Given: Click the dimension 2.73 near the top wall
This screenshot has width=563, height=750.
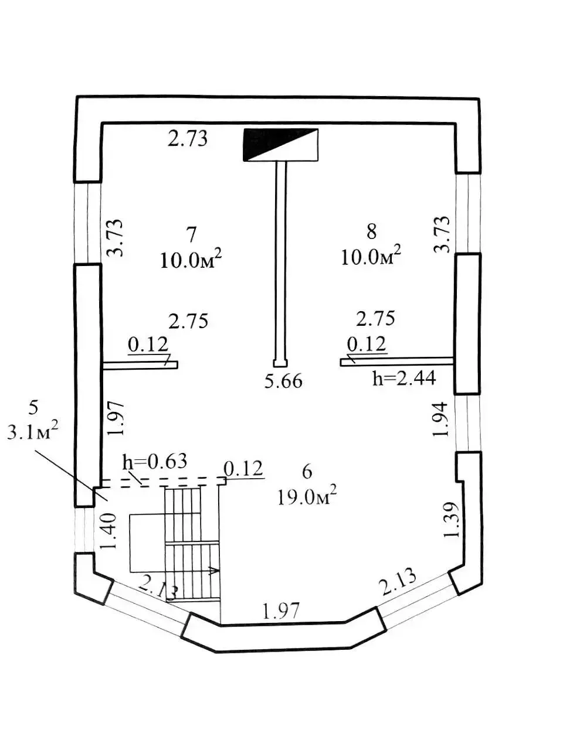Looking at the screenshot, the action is pos(188,139).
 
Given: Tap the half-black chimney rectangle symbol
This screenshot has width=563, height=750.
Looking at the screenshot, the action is pos(280,145).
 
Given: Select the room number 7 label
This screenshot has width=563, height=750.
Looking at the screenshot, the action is pos(192,234).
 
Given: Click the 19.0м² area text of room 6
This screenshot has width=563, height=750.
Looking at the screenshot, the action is pos(307,497).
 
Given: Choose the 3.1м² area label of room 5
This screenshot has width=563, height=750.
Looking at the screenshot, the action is pos(32,432).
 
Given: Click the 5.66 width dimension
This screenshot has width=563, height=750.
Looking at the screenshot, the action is pos(284,381).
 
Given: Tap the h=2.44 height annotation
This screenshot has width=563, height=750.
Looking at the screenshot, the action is pos(404,379).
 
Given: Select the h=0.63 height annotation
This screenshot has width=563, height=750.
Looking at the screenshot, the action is pos(155,461).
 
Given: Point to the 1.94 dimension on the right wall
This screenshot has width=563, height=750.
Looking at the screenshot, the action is pos(440,420).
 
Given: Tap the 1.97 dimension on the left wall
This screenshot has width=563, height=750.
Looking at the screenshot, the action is pos(116,418).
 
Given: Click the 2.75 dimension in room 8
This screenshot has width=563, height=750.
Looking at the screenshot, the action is pos(375,318).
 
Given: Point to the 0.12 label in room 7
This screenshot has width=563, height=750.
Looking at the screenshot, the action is pos(148,345).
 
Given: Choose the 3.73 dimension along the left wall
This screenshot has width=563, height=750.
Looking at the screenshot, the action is pos(114,238).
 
